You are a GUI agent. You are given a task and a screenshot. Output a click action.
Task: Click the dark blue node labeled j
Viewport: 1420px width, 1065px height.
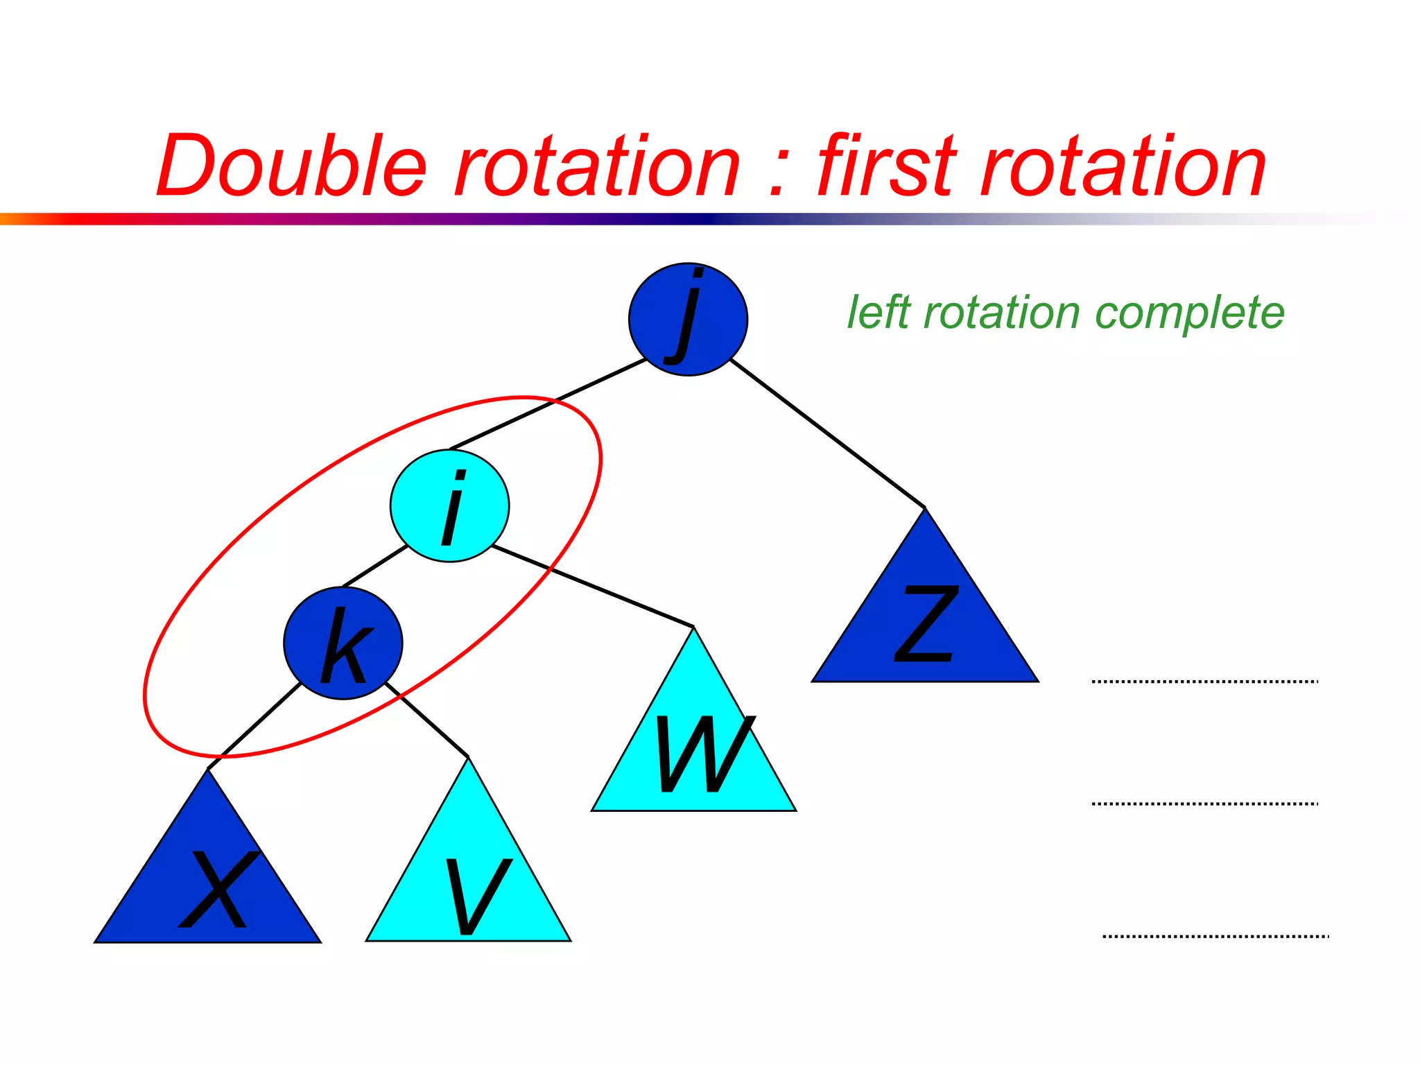point(688,319)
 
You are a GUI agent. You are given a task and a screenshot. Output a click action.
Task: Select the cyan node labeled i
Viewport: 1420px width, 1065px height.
point(449,505)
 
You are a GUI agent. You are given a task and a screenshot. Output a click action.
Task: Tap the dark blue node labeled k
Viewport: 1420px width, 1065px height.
point(343,643)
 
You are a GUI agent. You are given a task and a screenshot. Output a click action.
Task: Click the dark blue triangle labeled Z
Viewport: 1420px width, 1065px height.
point(925,624)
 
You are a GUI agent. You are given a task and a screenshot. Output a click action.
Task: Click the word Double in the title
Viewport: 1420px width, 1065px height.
point(291,166)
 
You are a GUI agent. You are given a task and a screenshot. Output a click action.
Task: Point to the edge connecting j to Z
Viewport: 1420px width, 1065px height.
point(828,434)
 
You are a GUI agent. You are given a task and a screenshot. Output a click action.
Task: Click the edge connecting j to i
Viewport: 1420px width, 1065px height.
point(548,404)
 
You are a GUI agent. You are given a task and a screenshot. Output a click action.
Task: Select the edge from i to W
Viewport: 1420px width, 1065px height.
point(593,586)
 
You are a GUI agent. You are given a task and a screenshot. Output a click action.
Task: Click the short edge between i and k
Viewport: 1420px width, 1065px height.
point(374,566)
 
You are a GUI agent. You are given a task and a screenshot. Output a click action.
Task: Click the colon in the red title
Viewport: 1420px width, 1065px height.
point(778,173)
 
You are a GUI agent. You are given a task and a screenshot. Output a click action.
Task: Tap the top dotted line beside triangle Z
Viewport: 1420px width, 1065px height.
point(1204,682)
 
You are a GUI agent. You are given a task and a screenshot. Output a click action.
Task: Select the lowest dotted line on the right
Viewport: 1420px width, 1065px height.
point(1215,936)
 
